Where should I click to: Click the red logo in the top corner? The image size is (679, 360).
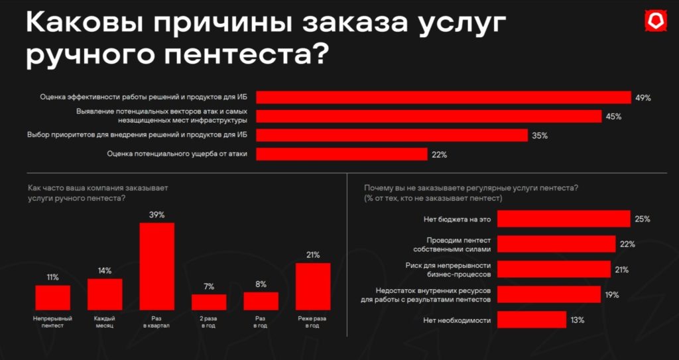pos(655,21)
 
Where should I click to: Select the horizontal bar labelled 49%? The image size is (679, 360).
pos(443,97)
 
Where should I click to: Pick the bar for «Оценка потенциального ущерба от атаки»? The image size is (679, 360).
pos(341,154)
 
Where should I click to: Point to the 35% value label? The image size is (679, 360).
pos(539,136)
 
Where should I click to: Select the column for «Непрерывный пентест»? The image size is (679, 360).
pos(52,297)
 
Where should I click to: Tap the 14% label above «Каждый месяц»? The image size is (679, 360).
pos(105,270)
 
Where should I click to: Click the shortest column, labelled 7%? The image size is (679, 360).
pos(209,302)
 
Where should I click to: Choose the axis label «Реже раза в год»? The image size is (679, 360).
pos(313,322)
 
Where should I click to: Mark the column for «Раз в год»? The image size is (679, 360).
pos(261,300)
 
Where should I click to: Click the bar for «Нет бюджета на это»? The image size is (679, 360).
pos(563,219)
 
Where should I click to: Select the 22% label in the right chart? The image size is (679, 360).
pos(627,244)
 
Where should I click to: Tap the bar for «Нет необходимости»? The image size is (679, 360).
pos(531,320)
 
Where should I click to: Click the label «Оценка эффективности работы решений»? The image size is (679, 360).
pos(145,97)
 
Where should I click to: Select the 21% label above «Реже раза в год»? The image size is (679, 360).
pos(313,255)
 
